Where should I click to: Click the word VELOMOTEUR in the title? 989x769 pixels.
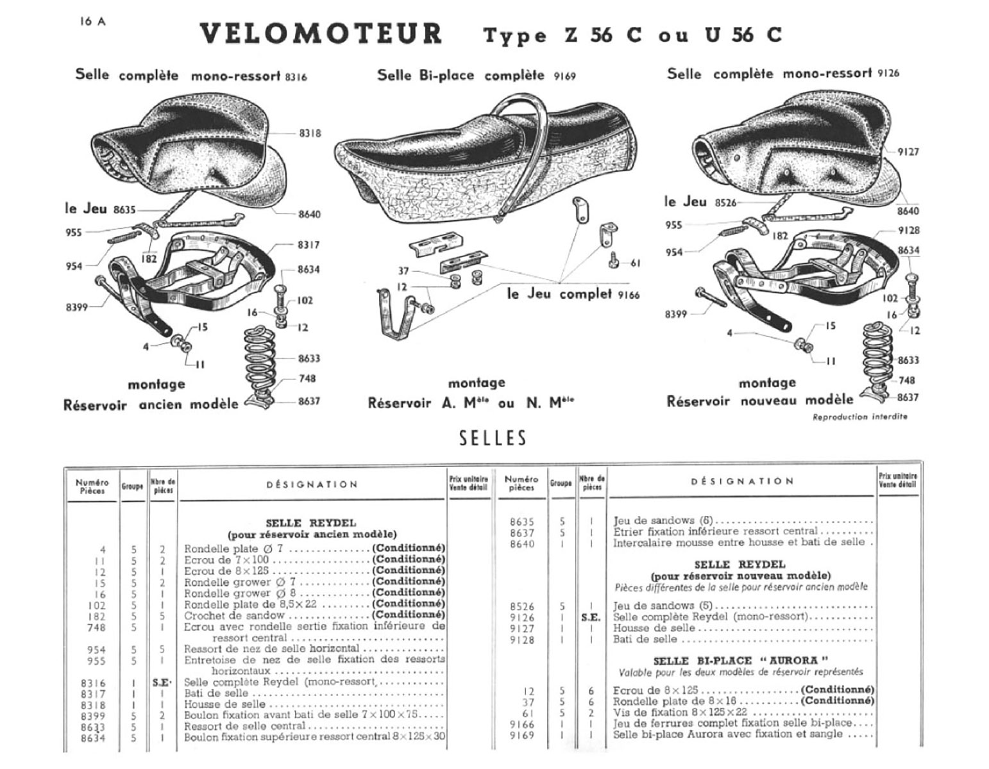(x=321, y=34)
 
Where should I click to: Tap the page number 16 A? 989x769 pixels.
(x=93, y=21)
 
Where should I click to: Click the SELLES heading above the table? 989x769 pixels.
(x=493, y=438)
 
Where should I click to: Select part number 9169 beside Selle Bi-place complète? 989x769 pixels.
(x=564, y=76)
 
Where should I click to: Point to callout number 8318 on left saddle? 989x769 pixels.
(x=310, y=133)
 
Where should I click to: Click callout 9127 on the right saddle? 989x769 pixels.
(x=908, y=152)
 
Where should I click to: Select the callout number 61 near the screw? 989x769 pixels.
(x=636, y=263)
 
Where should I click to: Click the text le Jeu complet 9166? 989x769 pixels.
(x=573, y=294)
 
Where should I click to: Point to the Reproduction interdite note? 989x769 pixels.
(x=859, y=417)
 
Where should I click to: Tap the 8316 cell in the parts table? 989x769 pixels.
(x=94, y=683)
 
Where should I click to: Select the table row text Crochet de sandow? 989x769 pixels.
(x=233, y=615)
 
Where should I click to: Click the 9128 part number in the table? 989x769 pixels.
(x=521, y=640)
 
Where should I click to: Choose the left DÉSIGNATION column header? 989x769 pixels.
(x=312, y=484)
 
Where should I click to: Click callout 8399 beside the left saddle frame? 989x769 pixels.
(x=76, y=307)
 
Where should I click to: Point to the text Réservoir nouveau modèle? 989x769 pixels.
(x=760, y=401)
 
